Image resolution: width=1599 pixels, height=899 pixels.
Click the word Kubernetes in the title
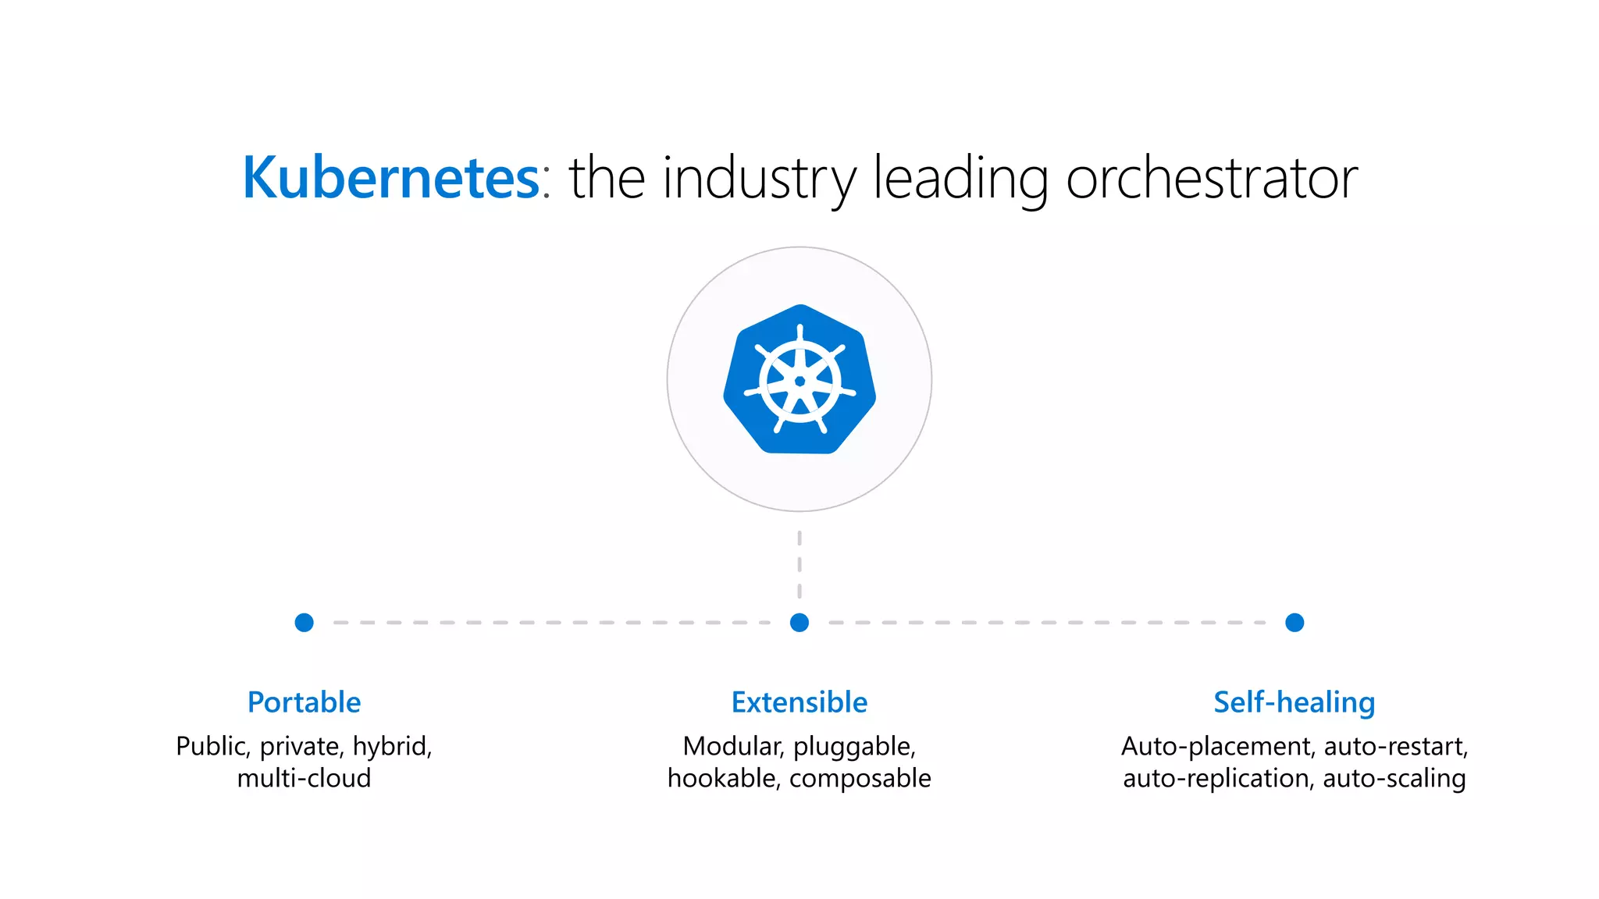coord(390,178)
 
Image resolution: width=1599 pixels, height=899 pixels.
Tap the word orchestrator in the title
coord(1212,178)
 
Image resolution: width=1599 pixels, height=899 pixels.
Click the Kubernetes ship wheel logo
coord(799,380)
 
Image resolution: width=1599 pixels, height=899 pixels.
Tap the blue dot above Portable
coord(304,622)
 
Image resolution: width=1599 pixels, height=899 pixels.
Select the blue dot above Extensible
coord(799,622)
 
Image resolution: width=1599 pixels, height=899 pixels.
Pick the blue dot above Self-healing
coord(1295,622)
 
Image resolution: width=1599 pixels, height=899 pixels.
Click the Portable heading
coord(304,702)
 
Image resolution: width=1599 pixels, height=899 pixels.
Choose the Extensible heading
coord(799,702)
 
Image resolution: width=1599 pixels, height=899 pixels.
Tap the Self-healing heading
coord(1295,702)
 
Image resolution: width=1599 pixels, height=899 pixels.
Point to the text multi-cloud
coord(304,778)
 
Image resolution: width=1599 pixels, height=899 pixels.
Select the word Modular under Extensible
coord(732,747)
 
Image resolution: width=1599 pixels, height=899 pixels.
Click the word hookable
coord(724,778)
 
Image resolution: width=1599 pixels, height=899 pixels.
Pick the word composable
coord(860,778)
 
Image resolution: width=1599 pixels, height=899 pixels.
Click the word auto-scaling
coord(1394,778)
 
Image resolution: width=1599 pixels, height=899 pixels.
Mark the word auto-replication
coord(1217,778)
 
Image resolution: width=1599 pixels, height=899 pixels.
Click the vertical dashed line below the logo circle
coord(799,563)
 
